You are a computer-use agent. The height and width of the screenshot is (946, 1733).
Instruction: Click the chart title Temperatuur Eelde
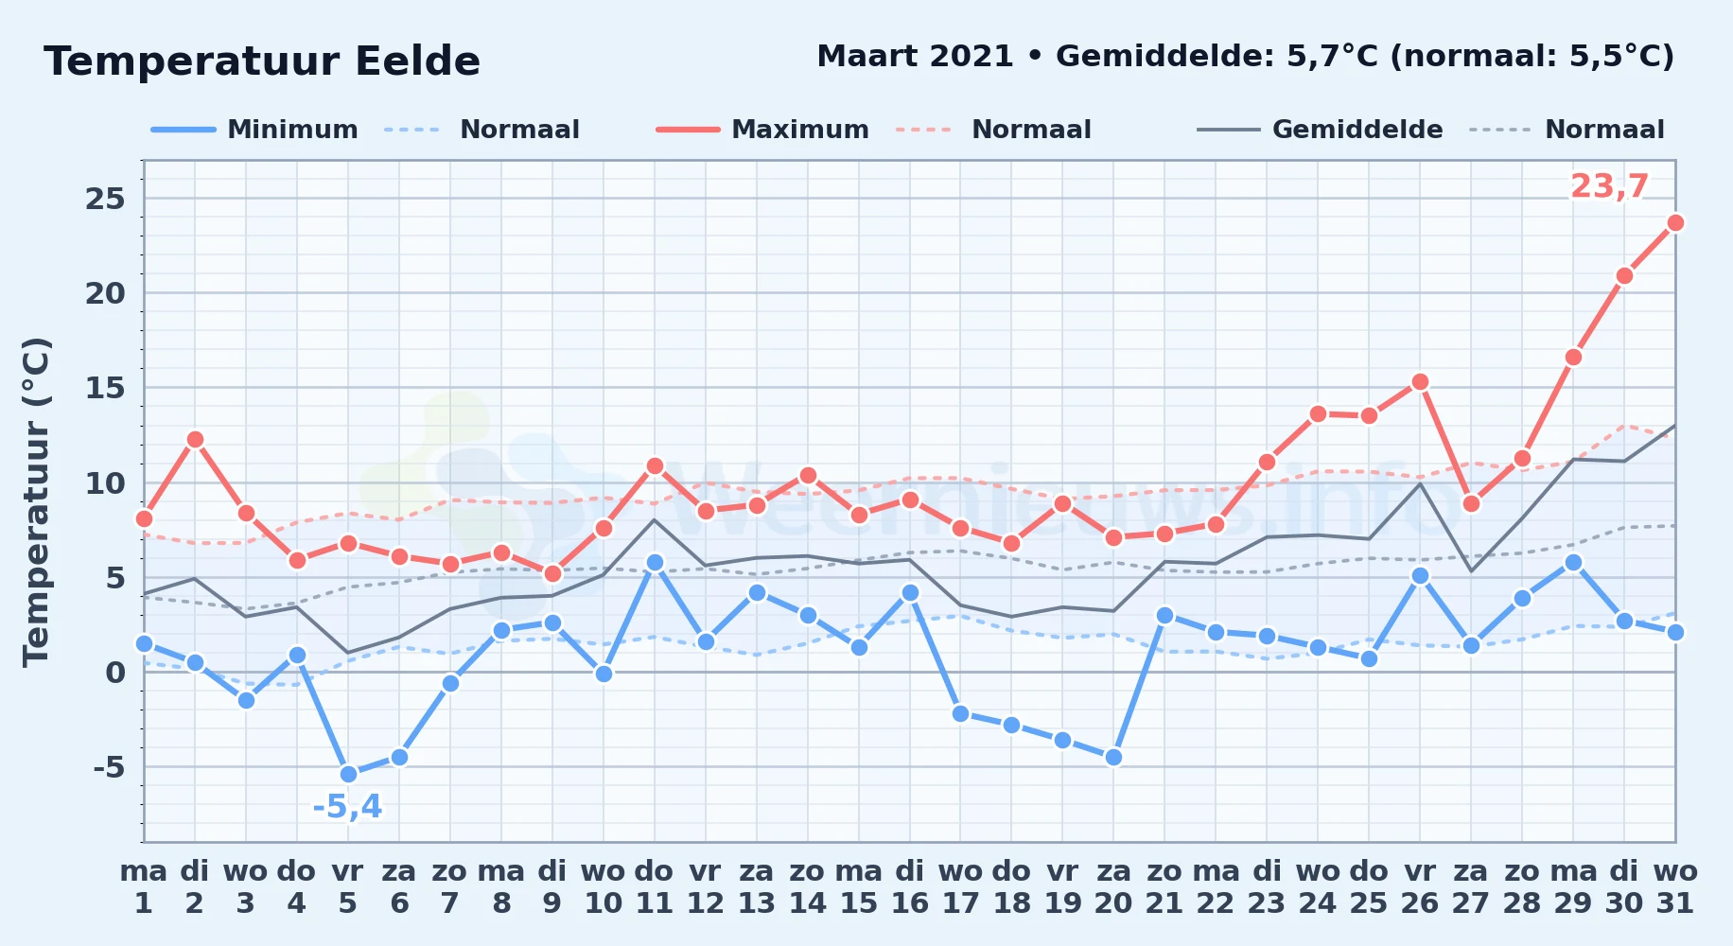262,61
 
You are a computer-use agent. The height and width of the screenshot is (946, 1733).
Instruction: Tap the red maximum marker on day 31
1675,223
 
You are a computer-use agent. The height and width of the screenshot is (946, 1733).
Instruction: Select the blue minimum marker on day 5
348,774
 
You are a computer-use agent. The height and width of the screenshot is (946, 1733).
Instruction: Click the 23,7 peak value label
1609,186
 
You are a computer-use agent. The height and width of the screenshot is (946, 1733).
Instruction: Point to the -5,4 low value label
347,807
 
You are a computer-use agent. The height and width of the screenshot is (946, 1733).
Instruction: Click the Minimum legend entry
254,130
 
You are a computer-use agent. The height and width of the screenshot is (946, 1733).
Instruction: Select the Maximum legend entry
762,130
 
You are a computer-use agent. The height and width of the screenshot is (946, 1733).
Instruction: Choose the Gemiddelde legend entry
1321,130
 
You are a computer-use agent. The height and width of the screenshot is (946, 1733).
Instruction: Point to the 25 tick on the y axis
105,199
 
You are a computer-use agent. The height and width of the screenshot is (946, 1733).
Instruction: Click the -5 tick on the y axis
109,766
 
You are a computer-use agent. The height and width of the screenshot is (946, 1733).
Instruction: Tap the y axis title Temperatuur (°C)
36,501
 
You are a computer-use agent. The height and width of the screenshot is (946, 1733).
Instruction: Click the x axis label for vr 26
1420,886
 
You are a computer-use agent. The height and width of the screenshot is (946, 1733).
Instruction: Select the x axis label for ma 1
144,886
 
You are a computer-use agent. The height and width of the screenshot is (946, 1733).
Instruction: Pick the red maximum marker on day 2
195,439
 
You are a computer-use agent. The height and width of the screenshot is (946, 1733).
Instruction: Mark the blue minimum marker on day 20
1113,757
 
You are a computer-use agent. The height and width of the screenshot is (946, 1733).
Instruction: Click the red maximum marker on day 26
1420,382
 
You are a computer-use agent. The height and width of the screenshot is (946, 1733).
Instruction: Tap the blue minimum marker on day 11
655,562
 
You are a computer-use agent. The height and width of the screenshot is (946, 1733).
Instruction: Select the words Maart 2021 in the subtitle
916,57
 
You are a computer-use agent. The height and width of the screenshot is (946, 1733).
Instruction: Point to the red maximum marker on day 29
1573,357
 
